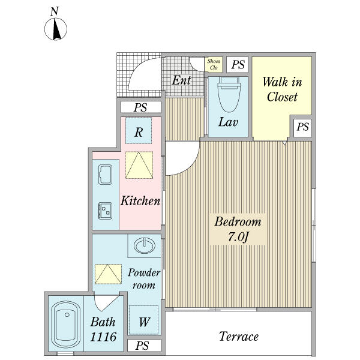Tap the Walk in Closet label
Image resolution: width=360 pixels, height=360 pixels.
282,89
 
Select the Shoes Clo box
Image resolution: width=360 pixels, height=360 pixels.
214,65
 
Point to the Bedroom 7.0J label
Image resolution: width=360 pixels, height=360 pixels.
238,229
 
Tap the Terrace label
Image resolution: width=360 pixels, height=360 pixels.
239,337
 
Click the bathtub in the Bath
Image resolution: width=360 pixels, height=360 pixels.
66,325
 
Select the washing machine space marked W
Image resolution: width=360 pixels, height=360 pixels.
144,320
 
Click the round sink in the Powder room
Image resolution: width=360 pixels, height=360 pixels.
145,245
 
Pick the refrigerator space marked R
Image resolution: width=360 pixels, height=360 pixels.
139,130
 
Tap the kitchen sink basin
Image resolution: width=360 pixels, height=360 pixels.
105,175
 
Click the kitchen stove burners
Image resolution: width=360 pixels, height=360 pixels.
105,211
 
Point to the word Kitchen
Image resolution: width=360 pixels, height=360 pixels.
140,200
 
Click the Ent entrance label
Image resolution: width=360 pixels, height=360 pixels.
181,80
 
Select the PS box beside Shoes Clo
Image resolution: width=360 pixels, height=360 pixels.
238,65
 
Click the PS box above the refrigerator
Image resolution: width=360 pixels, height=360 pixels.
141,107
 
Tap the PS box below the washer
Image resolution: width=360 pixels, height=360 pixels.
144,346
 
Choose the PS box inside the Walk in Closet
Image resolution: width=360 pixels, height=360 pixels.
302,127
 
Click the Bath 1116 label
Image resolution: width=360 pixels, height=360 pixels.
103,329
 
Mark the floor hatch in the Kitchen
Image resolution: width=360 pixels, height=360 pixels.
139,165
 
